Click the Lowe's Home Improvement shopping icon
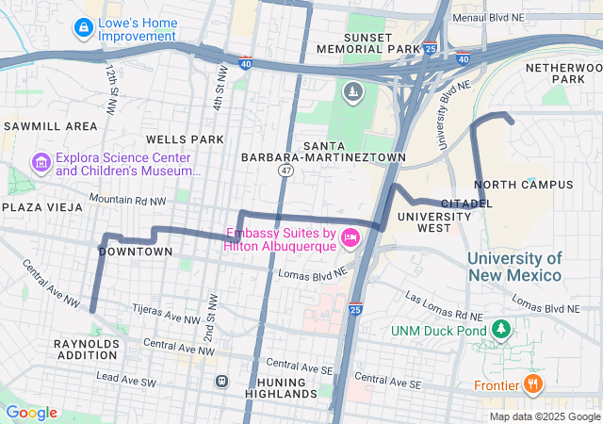[84, 28]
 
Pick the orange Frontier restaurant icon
[532, 383]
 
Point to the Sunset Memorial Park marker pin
[352, 91]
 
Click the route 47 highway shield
[285, 171]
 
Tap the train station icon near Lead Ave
[221, 382]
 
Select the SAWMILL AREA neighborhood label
[50, 125]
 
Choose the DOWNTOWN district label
[136, 252]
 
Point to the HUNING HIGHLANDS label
[283, 387]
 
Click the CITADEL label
[466, 203]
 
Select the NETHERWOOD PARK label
[562, 73]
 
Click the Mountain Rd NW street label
[126, 200]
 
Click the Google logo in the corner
[31, 413]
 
